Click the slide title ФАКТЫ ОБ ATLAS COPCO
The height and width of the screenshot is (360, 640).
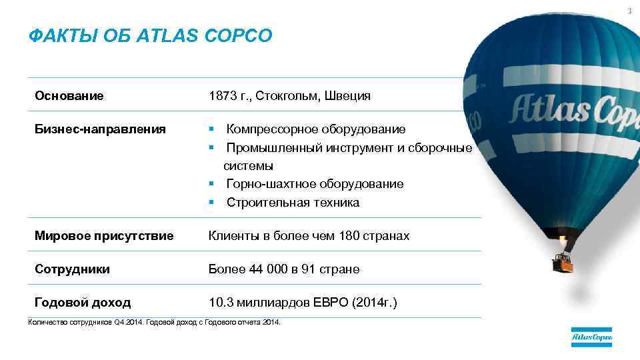click(150, 35)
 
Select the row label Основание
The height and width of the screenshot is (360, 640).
click(69, 96)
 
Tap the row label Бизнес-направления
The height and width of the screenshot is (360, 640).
click(101, 129)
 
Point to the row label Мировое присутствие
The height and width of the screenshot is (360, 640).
click(105, 236)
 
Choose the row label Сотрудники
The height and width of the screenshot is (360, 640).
click(73, 269)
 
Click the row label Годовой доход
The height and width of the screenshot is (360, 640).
click(83, 303)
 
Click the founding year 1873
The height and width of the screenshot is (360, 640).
click(221, 96)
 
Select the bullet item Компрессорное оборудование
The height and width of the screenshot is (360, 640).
click(315, 129)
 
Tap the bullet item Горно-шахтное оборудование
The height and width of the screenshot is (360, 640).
click(315, 184)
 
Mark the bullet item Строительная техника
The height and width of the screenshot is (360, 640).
click(293, 203)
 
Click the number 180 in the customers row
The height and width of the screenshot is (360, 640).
click(351, 236)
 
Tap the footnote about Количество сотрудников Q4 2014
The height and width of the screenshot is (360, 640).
click(154, 323)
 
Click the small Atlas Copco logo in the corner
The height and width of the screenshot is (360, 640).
click(591, 337)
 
